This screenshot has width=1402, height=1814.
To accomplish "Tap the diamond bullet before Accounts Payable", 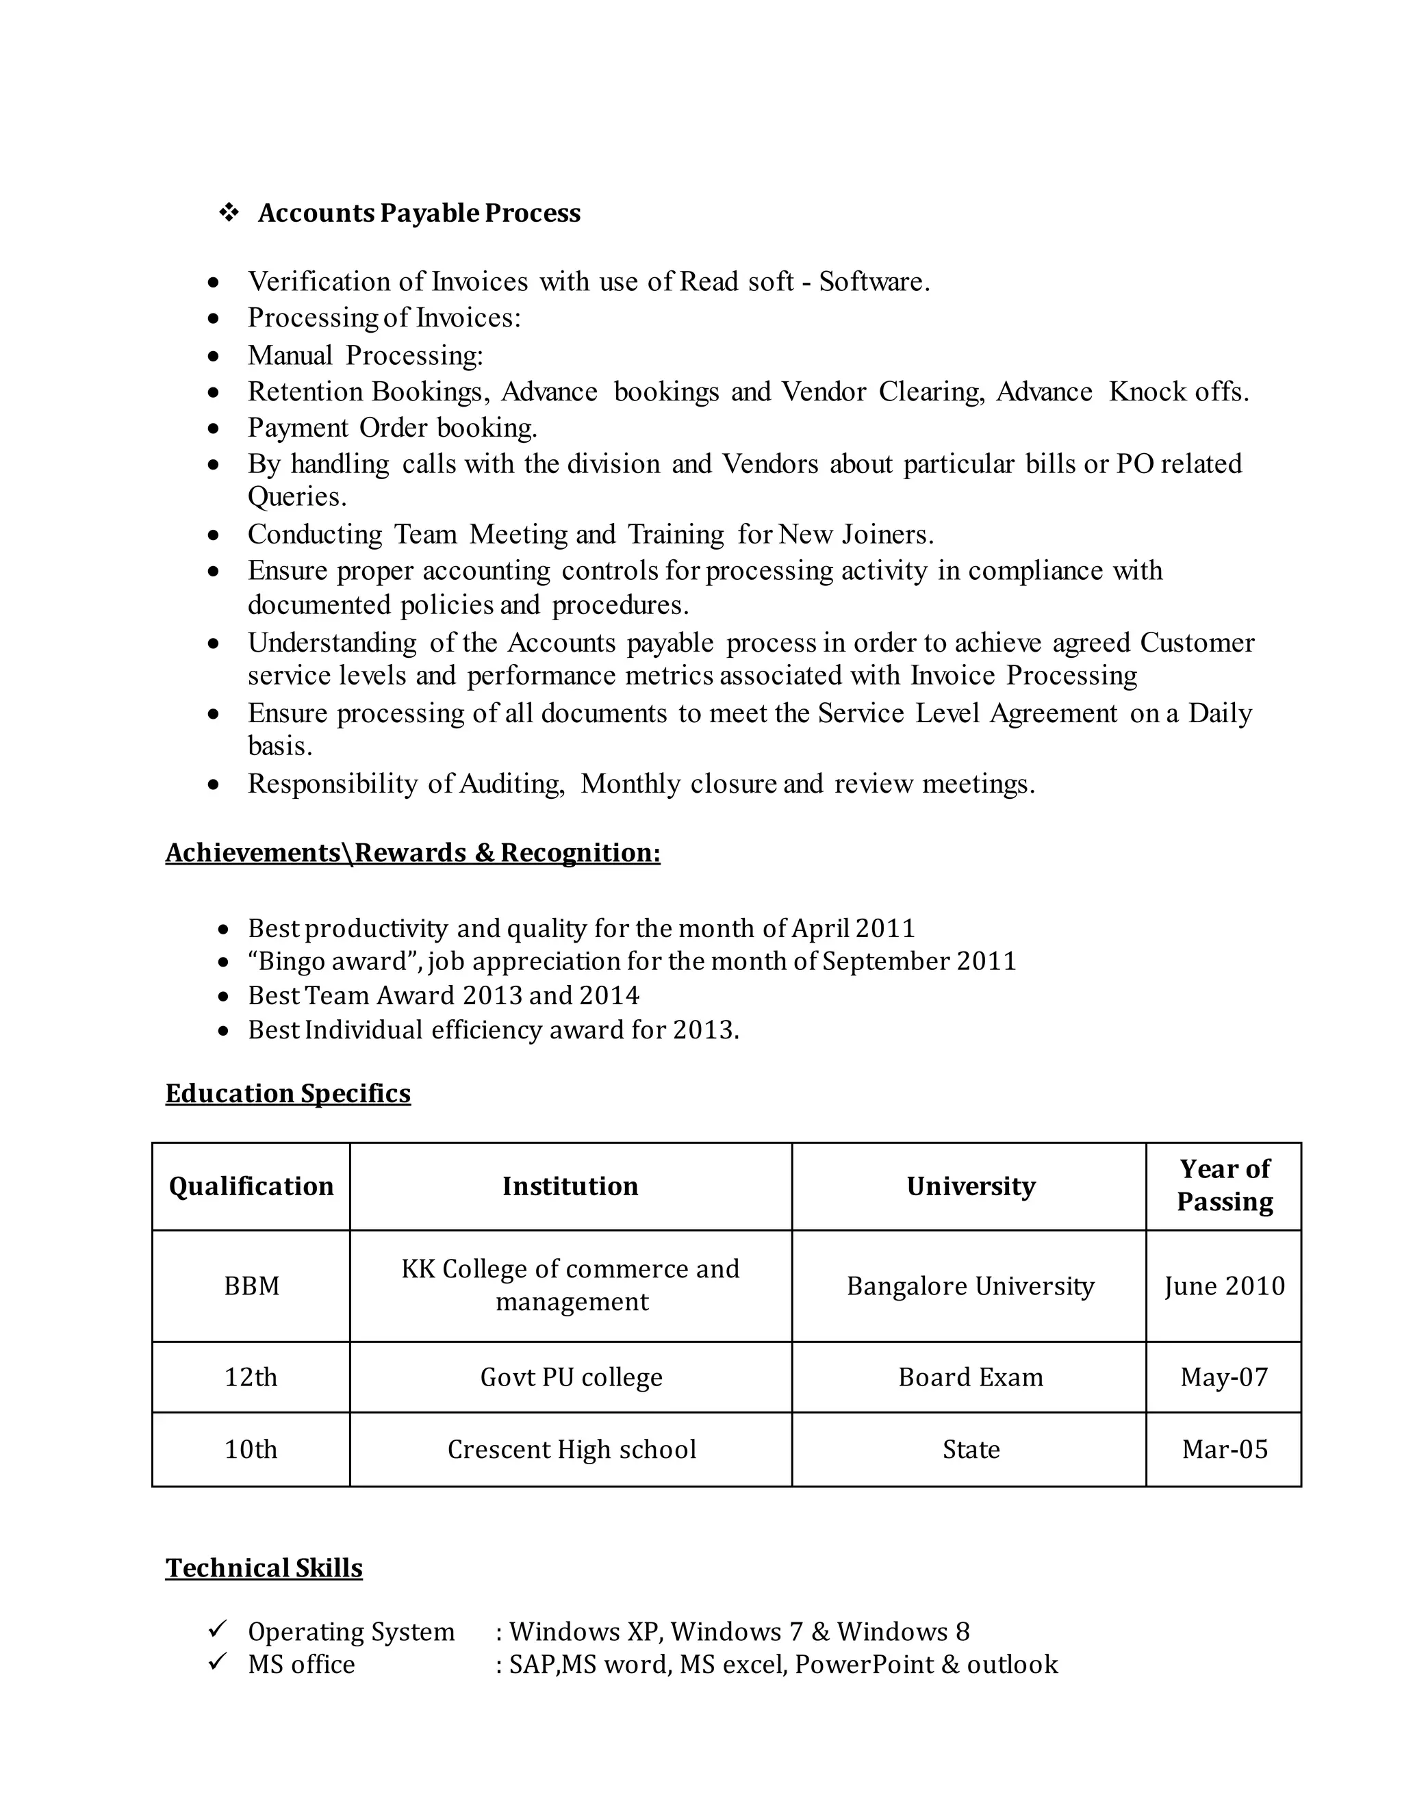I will (229, 213).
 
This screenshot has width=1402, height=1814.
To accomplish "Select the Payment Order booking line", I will (392, 428).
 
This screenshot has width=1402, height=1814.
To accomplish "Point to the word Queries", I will (296, 497).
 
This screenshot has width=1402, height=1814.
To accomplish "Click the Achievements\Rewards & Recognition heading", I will (413, 853).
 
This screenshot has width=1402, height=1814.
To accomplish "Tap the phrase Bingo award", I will (332, 961).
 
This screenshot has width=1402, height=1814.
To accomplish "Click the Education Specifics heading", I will (288, 1093).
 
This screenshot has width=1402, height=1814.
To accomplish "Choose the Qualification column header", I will (251, 1186).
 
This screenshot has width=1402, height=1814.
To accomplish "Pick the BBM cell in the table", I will (251, 1286).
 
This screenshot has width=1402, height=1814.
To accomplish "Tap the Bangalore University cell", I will (970, 1286).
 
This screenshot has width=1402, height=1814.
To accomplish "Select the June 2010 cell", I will (1224, 1286).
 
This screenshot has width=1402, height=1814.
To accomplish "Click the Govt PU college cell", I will (571, 1377).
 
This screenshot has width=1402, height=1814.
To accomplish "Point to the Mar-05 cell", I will (1224, 1449).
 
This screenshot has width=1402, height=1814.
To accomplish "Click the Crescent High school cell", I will (571, 1449).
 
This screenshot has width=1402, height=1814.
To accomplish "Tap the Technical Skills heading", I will (264, 1568).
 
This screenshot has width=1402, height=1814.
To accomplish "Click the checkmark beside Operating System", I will (218, 1630).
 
